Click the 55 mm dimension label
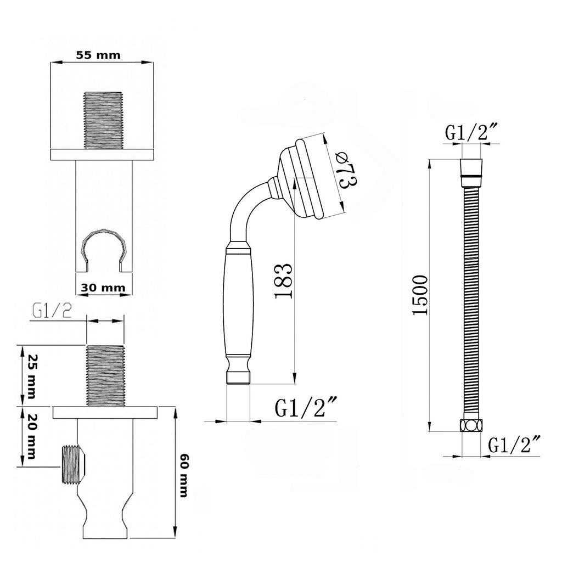tap(98, 55)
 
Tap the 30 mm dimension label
tap(103, 288)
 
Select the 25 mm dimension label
tap(31, 376)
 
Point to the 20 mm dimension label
tap(31, 436)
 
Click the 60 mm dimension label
tap(183, 476)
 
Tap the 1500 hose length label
tap(420, 295)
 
